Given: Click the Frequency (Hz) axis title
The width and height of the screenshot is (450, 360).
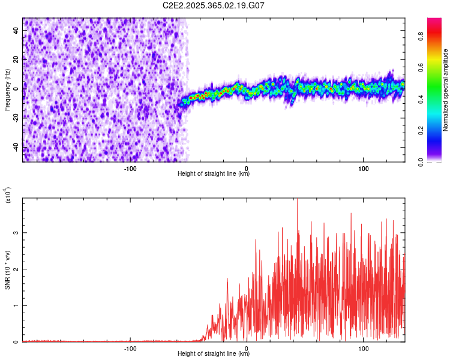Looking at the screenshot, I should [7, 89].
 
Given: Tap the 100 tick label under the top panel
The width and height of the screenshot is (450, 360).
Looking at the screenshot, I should [363, 169].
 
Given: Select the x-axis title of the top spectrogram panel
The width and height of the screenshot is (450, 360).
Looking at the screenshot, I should [214, 174].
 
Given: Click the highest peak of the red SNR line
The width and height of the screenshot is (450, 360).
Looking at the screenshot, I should [298, 199].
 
